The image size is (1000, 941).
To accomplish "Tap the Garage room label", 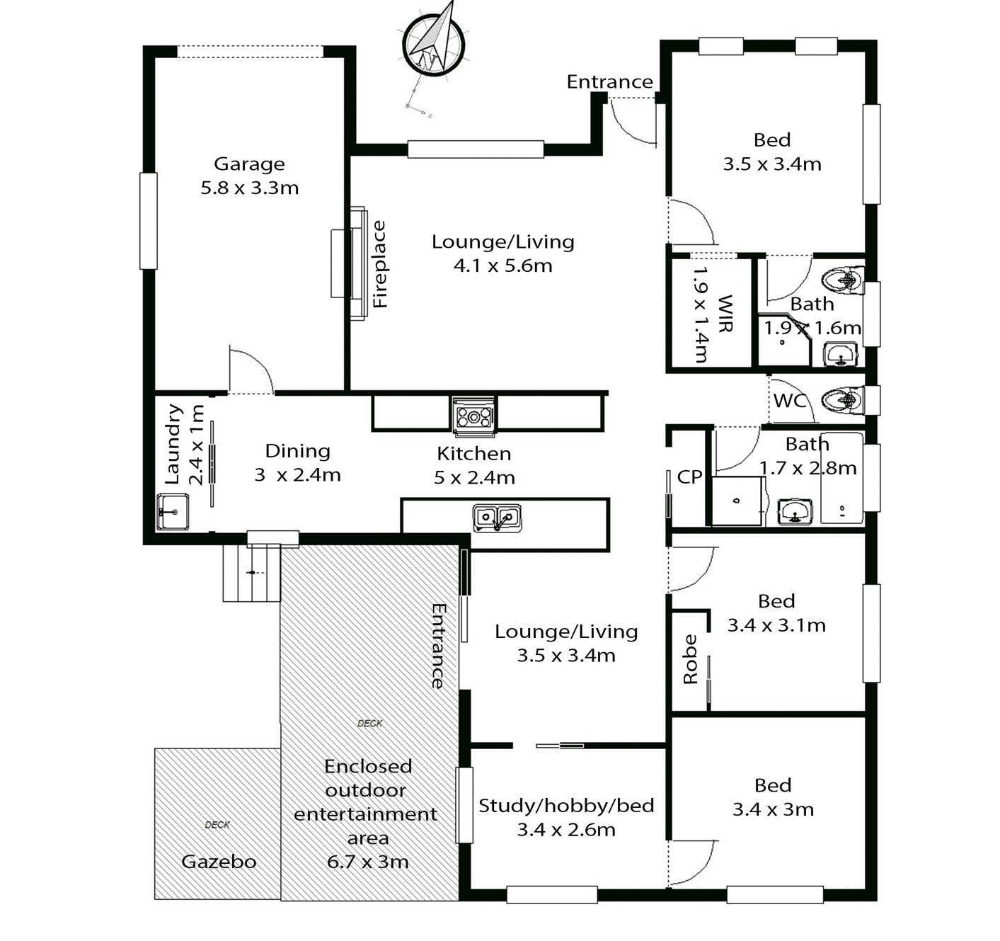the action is (x=249, y=164).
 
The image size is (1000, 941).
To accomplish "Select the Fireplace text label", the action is (x=379, y=264).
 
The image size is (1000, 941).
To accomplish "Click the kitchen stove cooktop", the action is (x=474, y=417).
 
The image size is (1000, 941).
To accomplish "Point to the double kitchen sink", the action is (x=497, y=518).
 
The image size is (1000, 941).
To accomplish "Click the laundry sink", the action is (x=172, y=512).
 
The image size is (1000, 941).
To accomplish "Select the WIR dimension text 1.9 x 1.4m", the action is (x=701, y=314).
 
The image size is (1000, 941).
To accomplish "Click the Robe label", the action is (x=690, y=658).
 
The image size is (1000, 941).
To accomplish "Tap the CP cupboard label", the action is (x=689, y=477).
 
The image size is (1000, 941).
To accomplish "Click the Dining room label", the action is (x=297, y=450).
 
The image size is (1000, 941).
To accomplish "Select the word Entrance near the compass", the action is (x=610, y=81).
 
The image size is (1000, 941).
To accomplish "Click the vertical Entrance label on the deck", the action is (x=438, y=646).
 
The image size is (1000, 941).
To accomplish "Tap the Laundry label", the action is (x=173, y=445).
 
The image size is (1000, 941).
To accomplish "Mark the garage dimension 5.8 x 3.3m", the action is (x=249, y=188).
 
